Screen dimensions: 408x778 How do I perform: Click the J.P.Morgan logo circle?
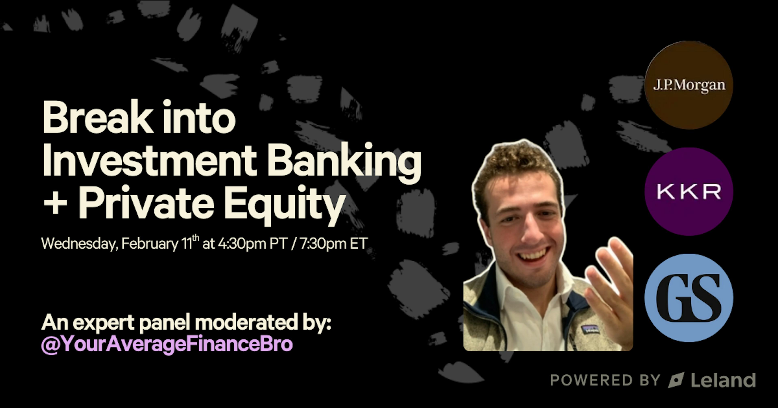click(689, 85)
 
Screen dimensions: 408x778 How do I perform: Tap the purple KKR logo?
click(689, 192)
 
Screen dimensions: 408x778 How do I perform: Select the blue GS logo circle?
click(689, 298)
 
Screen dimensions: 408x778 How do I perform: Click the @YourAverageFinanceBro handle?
click(167, 344)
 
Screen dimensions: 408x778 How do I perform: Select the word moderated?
click(246, 323)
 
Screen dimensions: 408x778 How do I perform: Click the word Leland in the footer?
click(723, 380)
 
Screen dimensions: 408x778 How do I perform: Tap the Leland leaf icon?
click(676, 380)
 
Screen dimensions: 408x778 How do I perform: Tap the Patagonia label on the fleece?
click(590, 329)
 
